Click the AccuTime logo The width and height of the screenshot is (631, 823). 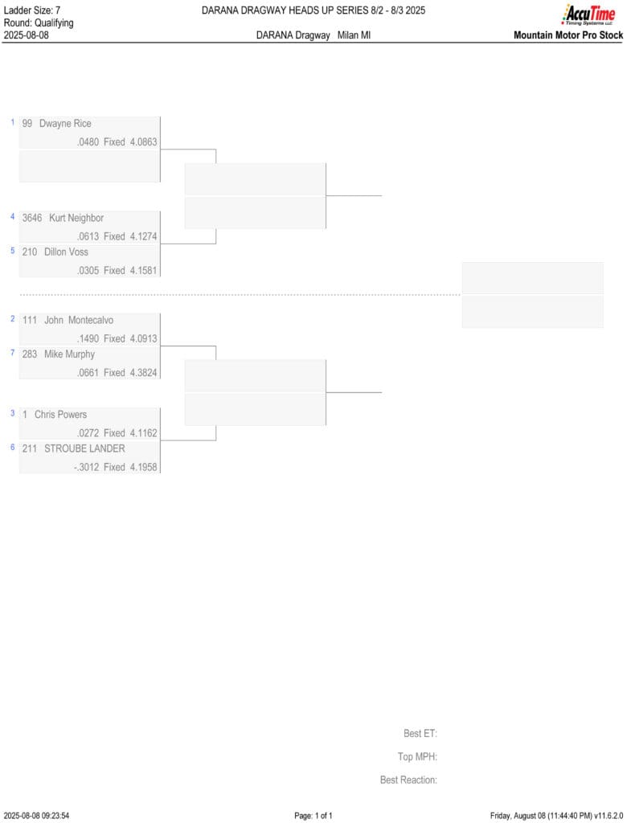589,14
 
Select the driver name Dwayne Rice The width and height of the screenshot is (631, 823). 65,124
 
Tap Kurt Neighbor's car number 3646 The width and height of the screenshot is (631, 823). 32,218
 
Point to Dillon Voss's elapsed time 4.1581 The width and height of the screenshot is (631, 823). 143,270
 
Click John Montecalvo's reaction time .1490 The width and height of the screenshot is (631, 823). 88,338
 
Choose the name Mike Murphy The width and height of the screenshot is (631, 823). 69,354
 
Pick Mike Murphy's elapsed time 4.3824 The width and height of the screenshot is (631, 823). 143,373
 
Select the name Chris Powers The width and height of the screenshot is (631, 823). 60,415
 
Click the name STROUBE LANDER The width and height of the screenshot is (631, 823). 84,448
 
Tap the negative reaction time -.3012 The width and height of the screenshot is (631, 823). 87,467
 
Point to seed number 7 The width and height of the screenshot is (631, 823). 13,353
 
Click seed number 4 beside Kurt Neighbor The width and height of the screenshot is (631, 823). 13,216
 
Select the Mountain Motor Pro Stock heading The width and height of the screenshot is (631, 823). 568,35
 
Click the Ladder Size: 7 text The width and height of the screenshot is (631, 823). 32,10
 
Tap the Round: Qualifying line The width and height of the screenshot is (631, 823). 39,23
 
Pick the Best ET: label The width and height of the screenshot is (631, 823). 420,733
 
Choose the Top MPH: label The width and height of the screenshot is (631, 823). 417,757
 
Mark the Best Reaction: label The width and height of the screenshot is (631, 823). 408,780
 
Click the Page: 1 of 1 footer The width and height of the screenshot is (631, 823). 313,816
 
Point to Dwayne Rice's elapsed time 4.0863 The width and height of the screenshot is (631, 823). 143,141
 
